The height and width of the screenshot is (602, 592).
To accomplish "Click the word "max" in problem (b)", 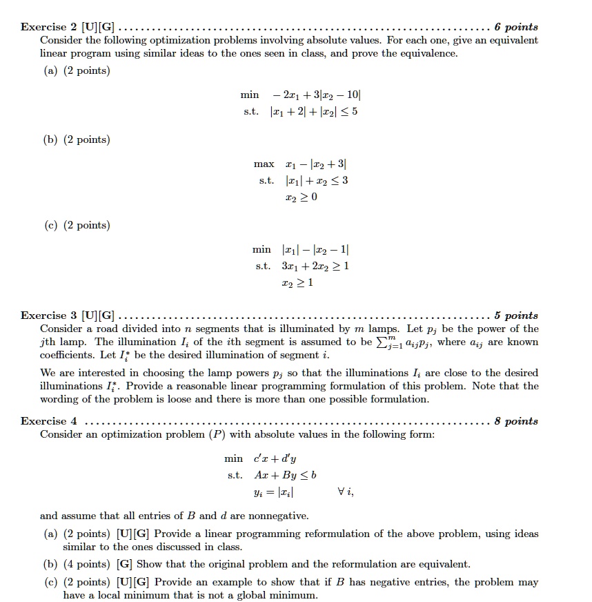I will (x=264, y=164).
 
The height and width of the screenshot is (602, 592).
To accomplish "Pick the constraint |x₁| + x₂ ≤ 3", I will (x=316, y=180).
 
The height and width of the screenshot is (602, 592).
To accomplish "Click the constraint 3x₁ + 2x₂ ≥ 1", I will (x=315, y=266).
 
